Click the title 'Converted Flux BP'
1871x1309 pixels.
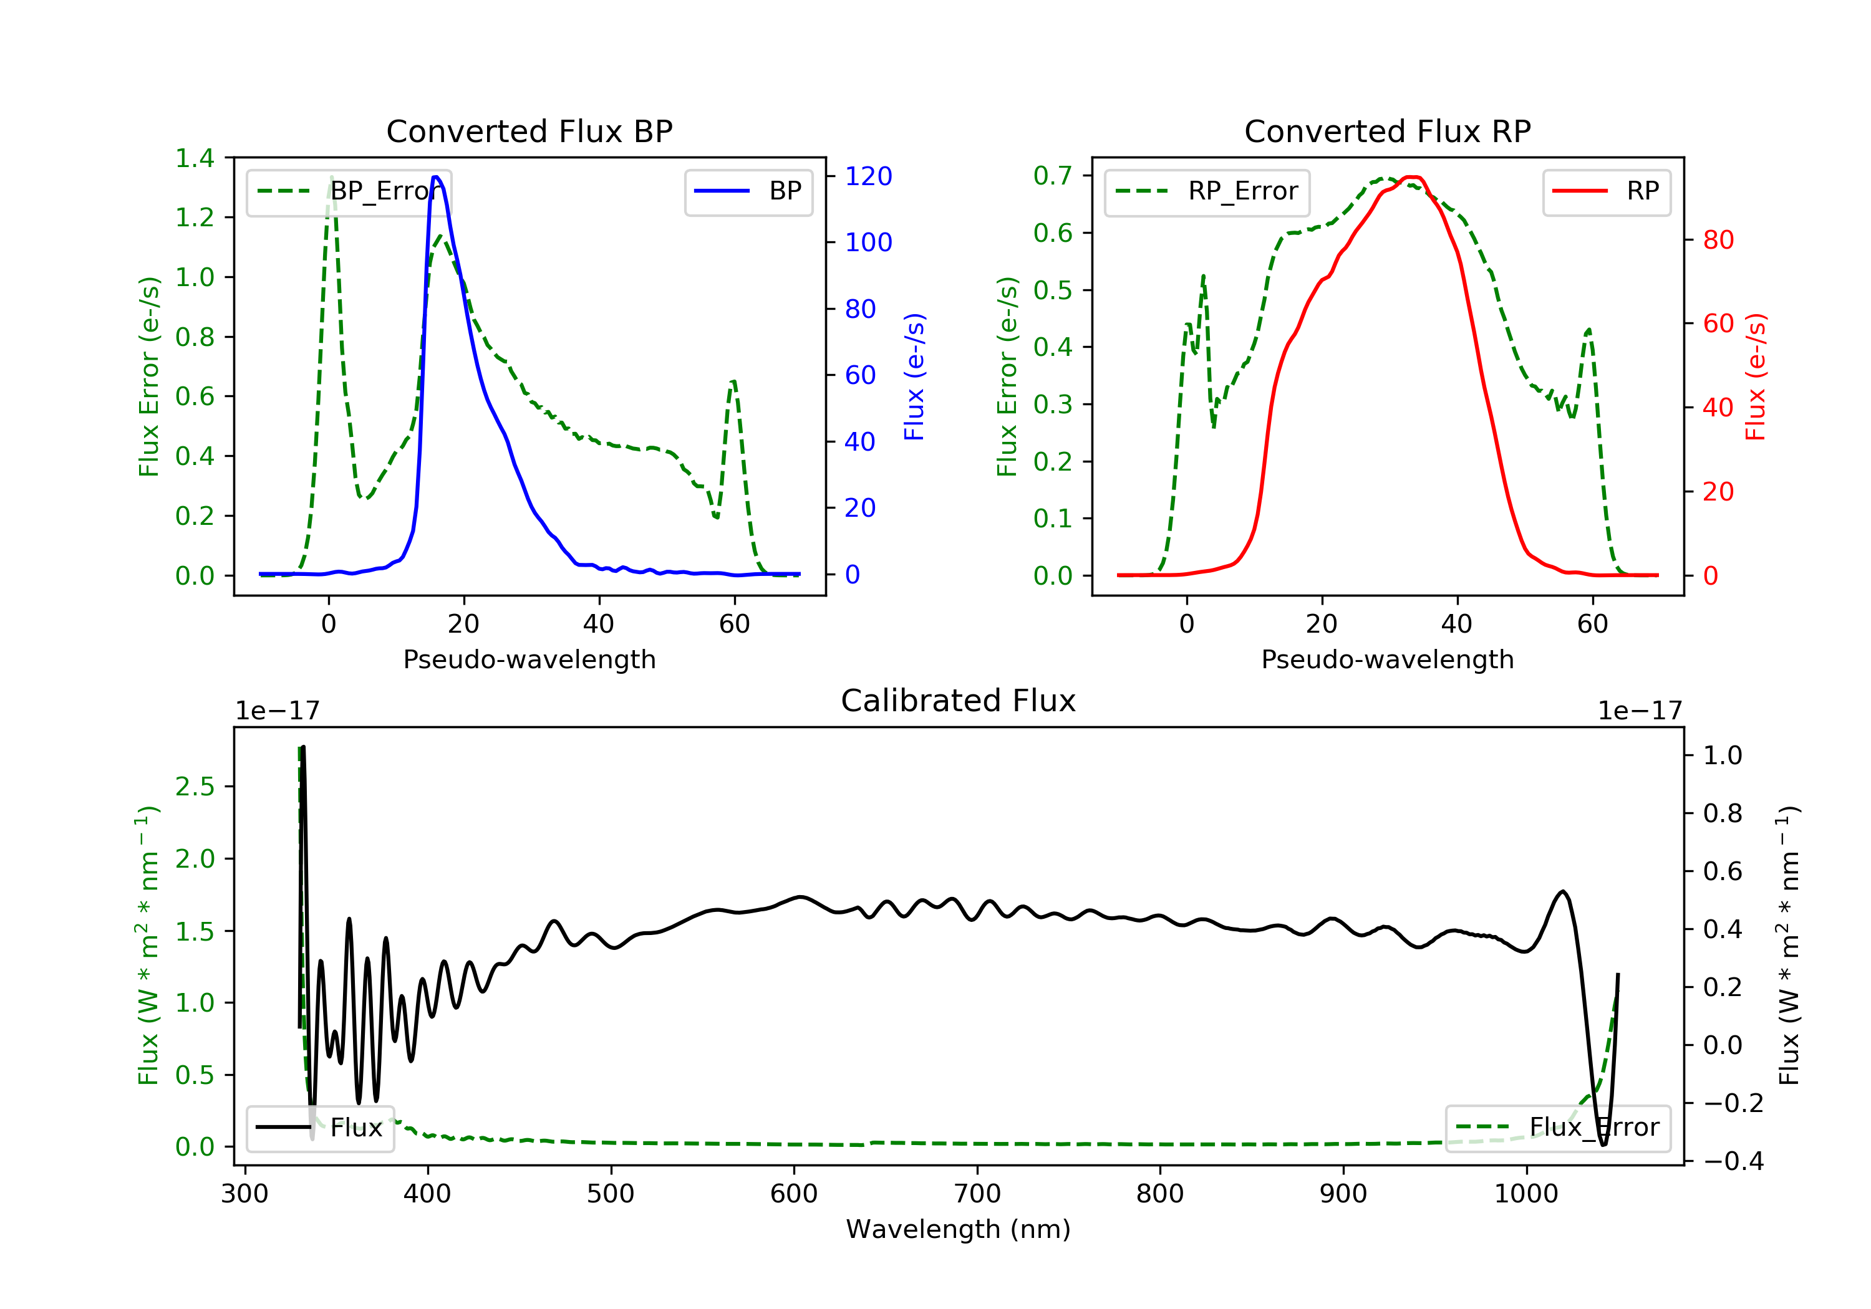point(529,131)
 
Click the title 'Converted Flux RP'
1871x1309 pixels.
point(1387,131)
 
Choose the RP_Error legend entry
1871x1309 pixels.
point(1206,191)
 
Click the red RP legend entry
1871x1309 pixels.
point(1606,191)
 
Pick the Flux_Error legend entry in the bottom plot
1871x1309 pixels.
point(1557,1128)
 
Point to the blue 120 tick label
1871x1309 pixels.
point(868,176)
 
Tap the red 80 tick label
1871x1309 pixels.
point(1718,241)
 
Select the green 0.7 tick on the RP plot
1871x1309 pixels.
point(1052,175)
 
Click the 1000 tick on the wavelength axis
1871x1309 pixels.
point(1525,1194)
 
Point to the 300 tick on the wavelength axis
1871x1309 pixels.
point(244,1194)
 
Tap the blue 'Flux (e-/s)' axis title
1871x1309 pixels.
point(914,376)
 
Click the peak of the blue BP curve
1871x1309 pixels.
point(436,177)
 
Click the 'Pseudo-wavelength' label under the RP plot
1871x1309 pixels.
point(1387,659)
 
